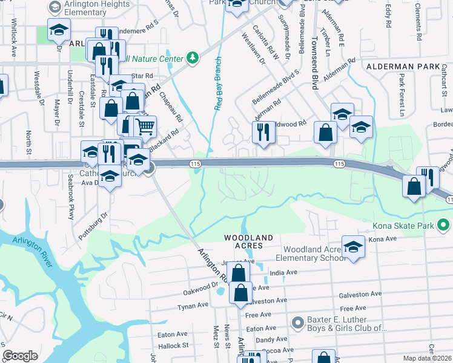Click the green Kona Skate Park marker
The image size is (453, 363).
click(443, 226)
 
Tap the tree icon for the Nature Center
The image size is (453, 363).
click(193, 58)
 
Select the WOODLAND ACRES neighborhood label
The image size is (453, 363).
click(248, 241)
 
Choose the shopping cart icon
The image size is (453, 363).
click(145, 127)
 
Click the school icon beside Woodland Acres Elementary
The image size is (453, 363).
click(353, 246)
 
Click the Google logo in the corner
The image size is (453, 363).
click(20, 356)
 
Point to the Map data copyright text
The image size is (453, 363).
click(428, 358)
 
